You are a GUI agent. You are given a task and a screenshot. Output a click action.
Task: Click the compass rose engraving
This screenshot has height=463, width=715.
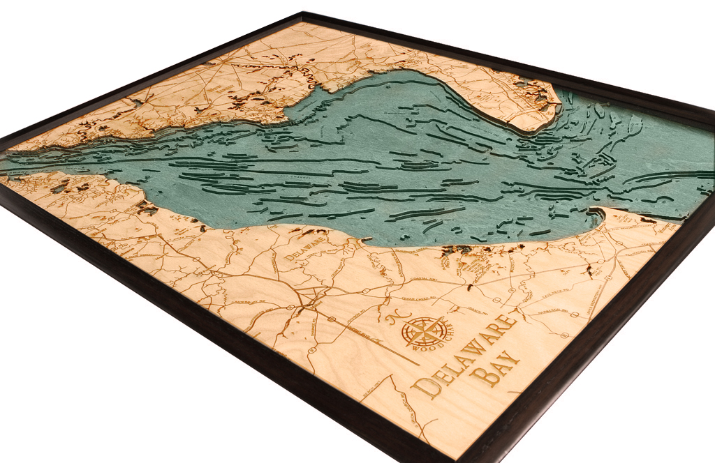[423, 331]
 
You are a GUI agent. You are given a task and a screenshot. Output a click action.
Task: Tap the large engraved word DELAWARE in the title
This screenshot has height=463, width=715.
[466, 356]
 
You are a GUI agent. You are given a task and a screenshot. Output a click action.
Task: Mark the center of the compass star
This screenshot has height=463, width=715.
[423, 331]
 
